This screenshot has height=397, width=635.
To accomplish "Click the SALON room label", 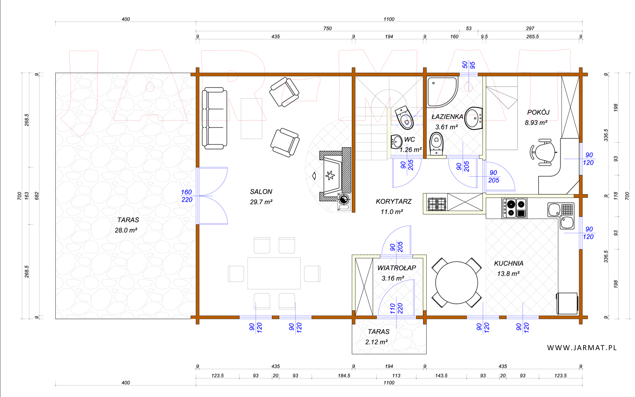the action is click(x=261, y=192).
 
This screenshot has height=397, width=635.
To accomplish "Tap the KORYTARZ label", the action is click(x=393, y=202).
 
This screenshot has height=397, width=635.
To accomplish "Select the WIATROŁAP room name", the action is click(x=396, y=268).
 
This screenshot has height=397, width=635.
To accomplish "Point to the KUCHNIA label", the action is click(x=508, y=264).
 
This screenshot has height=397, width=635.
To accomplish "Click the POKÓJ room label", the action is click(x=538, y=112).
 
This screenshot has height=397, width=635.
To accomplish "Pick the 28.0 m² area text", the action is click(x=126, y=230).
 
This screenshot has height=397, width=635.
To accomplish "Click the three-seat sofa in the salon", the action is click(x=214, y=118).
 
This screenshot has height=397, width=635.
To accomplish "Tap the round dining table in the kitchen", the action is click(x=457, y=283).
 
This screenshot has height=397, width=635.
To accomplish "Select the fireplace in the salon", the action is click(x=335, y=174).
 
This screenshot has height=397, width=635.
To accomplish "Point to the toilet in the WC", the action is click(x=405, y=117).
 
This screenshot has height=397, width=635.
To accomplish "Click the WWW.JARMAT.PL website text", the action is click(x=581, y=348).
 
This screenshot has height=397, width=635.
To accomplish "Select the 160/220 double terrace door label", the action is click(x=186, y=196).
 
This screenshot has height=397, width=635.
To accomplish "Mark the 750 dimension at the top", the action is click(x=327, y=29).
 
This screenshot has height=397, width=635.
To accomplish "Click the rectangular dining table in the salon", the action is click(x=274, y=273).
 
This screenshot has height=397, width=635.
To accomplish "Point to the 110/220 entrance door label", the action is click(x=396, y=308).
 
